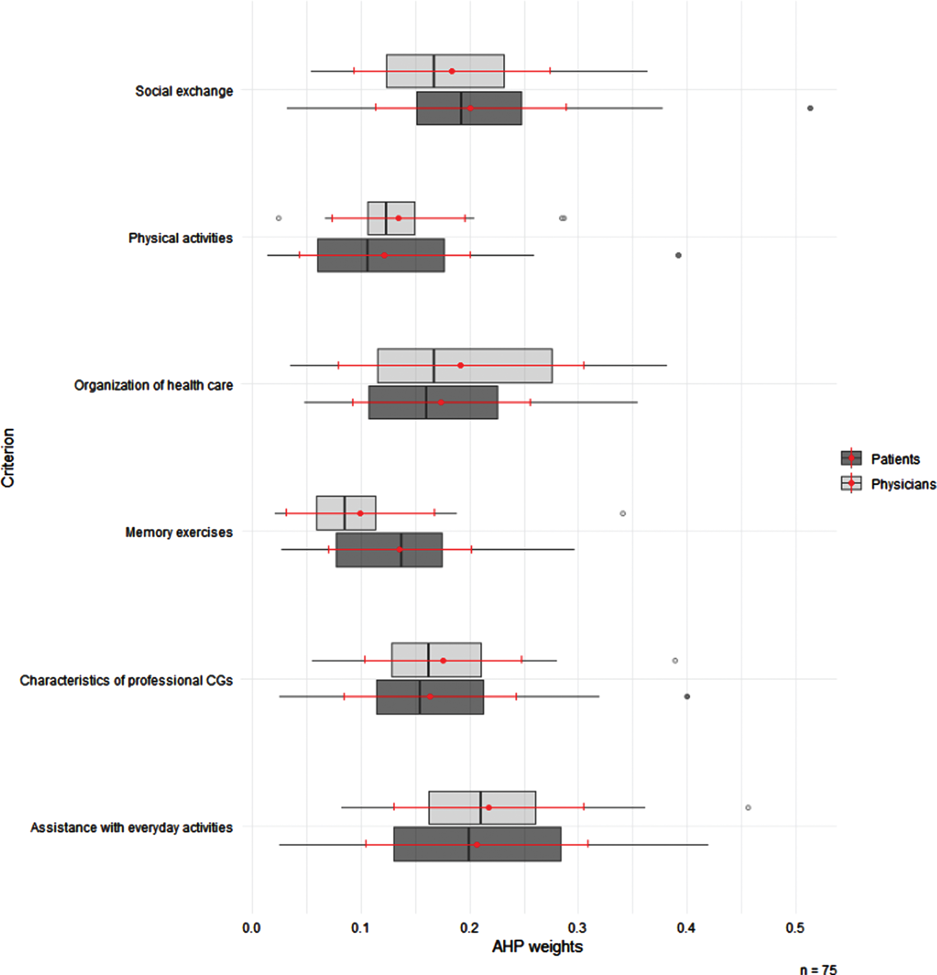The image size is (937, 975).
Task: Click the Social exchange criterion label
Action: pos(184,91)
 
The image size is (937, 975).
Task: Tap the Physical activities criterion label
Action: pos(181,238)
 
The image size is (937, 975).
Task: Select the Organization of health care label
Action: pos(154,386)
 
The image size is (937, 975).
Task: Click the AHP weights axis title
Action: pos(538,946)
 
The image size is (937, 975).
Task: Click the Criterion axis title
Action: pos(8,458)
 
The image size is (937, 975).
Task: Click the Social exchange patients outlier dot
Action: pos(810,108)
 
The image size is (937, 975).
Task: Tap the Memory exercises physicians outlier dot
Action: pos(623,513)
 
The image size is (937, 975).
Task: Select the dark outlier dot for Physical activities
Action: pos(678,255)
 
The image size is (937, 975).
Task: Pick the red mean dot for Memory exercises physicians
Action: pos(360,513)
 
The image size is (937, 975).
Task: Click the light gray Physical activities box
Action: pos(391,218)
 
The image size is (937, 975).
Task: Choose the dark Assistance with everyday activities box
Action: pos(477,844)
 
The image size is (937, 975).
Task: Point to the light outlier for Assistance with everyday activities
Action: pos(748,807)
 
